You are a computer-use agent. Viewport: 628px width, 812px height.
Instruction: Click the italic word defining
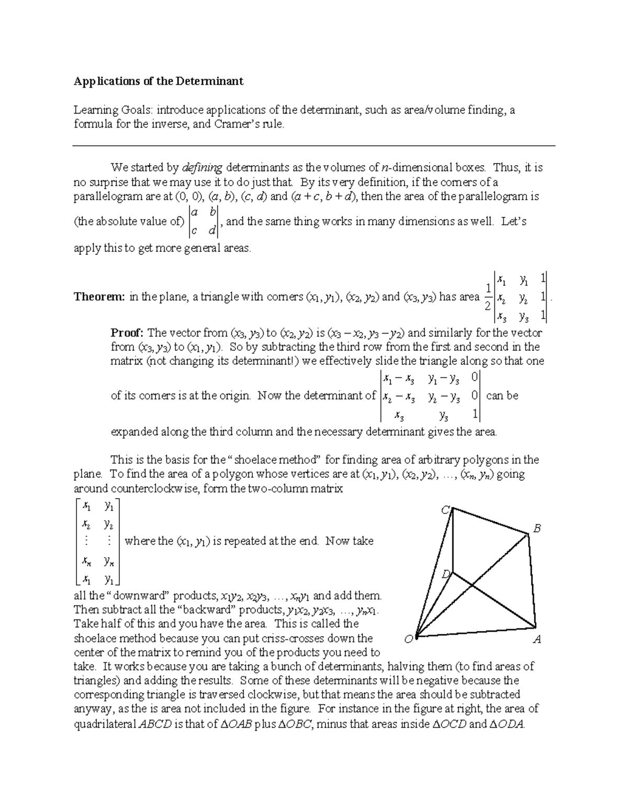(x=202, y=168)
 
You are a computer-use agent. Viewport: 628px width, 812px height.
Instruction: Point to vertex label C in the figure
(x=445, y=510)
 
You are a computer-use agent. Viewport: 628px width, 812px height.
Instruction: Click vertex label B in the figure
(x=536, y=529)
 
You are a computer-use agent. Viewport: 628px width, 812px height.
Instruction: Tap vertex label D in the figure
(x=445, y=574)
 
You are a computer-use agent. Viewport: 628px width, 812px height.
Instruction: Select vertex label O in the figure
(x=409, y=639)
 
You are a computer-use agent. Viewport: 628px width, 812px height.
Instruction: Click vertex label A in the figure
(x=536, y=639)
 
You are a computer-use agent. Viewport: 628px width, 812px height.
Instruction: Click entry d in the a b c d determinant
(x=211, y=230)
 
